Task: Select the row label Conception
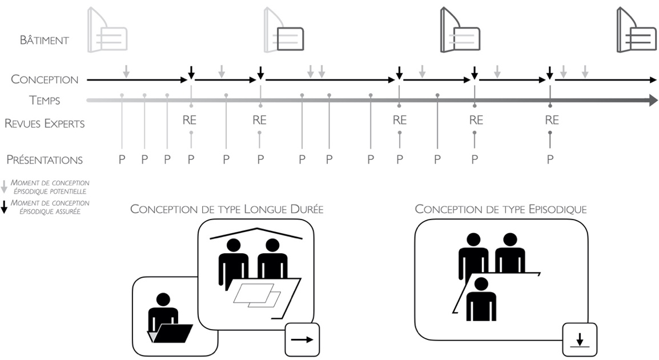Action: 45,79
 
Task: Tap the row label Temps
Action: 45,101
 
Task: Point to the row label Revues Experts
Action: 45,123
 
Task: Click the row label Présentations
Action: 45,160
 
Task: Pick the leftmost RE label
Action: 190,121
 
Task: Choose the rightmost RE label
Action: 551,121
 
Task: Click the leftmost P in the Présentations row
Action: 122,160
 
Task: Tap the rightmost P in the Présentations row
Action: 550,160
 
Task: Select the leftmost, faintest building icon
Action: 107,31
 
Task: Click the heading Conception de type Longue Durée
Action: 227,209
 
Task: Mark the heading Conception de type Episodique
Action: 500,209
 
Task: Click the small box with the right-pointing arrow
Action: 302,339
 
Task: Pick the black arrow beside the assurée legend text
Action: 5,207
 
